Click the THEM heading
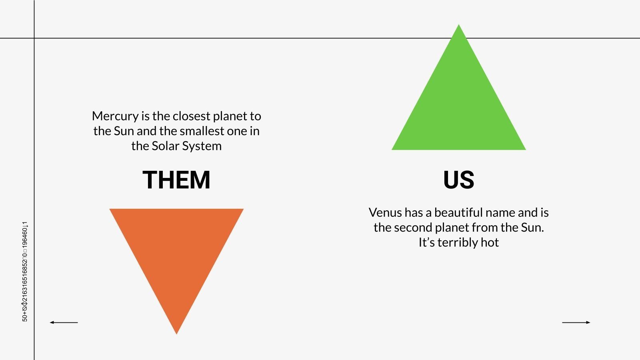[176, 180]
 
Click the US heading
[458, 180]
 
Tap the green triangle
[458, 108]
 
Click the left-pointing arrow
[64, 322]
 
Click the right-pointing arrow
[576, 322]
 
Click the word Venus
[385, 212]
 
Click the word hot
[490, 242]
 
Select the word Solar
[166, 146]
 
